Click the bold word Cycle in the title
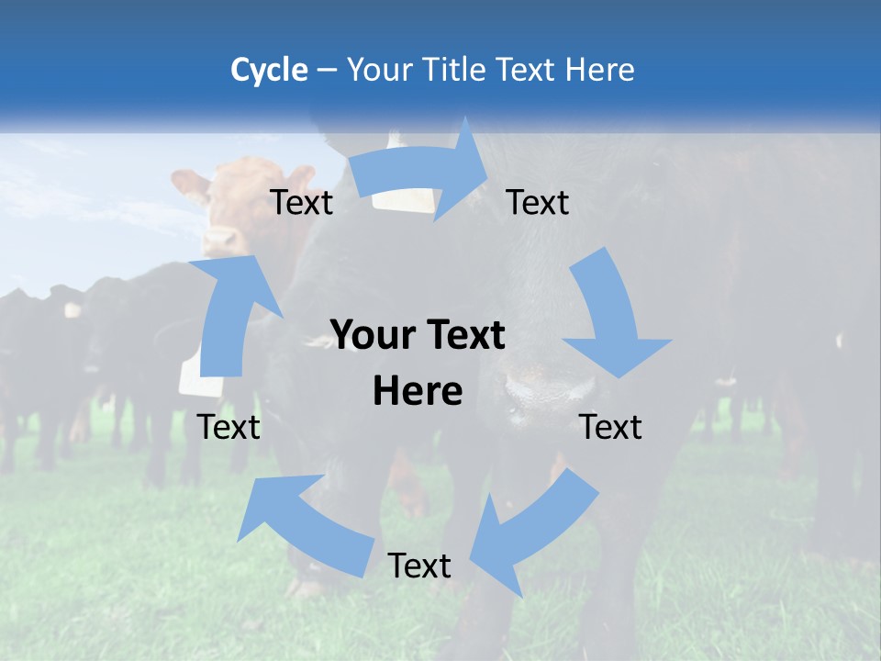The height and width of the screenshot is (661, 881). pyautogui.click(x=269, y=70)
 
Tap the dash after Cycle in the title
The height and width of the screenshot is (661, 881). pyautogui.click(x=327, y=71)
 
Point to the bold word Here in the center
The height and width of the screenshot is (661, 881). pyautogui.click(x=418, y=391)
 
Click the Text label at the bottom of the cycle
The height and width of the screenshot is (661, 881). pyautogui.click(x=419, y=566)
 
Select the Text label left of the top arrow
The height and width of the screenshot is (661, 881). pyautogui.click(x=302, y=202)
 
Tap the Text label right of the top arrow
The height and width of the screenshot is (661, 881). pyautogui.click(x=538, y=202)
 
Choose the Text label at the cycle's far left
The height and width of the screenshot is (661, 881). pyautogui.click(x=229, y=427)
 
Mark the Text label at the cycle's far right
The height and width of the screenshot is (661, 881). pyautogui.click(x=611, y=427)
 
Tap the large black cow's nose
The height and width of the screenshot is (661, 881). pyautogui.click(x=527, y=386)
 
